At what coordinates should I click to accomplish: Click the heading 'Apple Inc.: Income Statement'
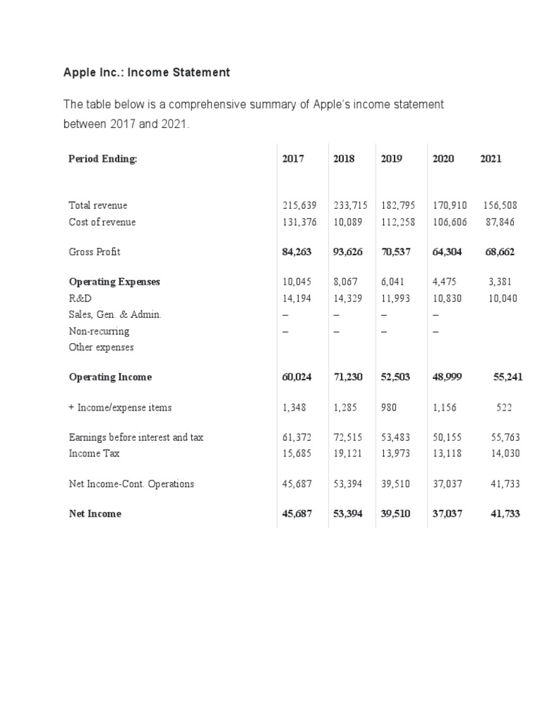pyautogui.click(x=146, y=72)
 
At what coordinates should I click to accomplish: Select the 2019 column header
pyautogui.click(x=391, y=159)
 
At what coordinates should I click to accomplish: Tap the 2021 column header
pyautogui.click(x=491, y=159)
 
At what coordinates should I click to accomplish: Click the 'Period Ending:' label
pyautogui.click(x=103, y=159)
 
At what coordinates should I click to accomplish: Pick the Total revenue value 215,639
pyautogui.click(x=299, y=206)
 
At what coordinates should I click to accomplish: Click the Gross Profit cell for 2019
pyautogui.click(x=395, y=252)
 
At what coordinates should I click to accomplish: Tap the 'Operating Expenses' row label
pyautogui.click(x=114, y=282)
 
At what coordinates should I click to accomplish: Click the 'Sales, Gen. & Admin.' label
pyautogui.click(x=115, y=314)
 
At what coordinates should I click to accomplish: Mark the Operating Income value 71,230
pyautogui.click(x=348, y=377)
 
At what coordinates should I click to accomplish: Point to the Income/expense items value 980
pyautogui.click(x=392, y=407)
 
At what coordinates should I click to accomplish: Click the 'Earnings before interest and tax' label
pyautogui.click(x=136, y=437)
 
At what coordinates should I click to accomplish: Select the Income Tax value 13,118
pyautogui.click(x=447, y=454)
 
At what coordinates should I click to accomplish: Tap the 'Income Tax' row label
pyautogui.click(x=94, y=454)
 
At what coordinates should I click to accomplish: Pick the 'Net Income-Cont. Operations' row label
pyautogui.click(x=131, y=484)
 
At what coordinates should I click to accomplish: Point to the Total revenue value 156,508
pyautogui.click(x=500, y=206)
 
